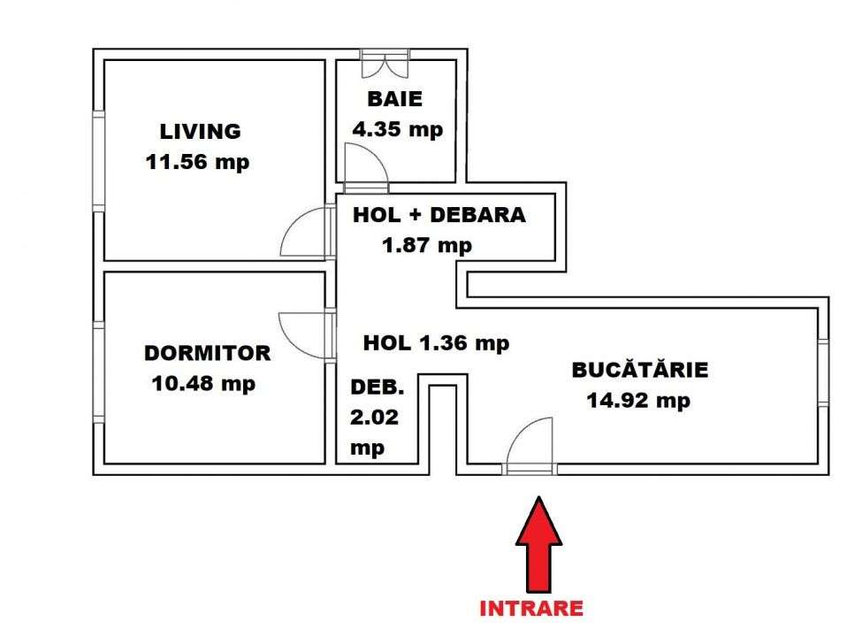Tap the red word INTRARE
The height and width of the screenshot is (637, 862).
[530, 609]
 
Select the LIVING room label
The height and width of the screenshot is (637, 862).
[200, 132]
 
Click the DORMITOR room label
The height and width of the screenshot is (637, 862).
[207, 353]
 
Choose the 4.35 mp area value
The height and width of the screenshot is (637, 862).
[397, 129]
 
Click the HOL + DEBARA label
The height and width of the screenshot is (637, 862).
[439, 215]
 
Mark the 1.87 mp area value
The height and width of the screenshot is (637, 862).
[427, 246]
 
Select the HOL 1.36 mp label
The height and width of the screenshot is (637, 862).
[436, 342]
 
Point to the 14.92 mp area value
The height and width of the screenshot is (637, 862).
[638, 400]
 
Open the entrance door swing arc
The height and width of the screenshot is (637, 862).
[530, 441]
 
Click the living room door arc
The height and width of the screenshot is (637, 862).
[305, 232]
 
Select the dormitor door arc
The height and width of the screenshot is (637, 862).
[303, 336]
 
